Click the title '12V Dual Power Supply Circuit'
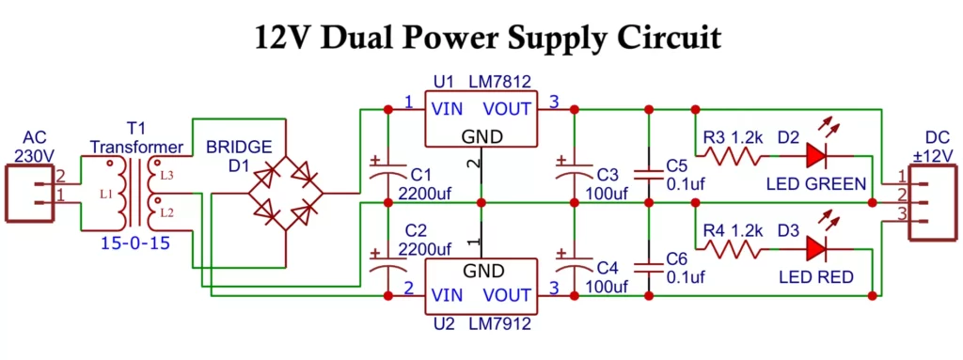click(488, 37)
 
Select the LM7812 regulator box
click(481, 119)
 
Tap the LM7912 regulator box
click(481, 286)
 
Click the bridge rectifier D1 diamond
click(286, 194)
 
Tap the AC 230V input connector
click(32, 193)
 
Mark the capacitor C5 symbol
click(647, 173)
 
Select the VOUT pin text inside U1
click(508, 108)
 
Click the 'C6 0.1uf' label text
click(683, 269)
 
